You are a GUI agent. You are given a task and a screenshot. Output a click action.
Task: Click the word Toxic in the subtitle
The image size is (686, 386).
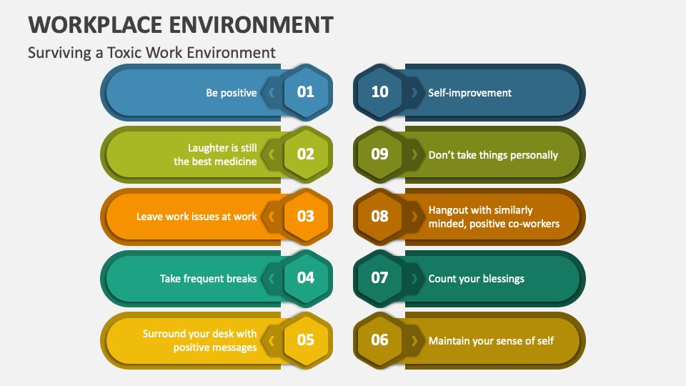[125, 52]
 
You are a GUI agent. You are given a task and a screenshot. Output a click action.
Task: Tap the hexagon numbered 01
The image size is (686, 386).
[306, 92]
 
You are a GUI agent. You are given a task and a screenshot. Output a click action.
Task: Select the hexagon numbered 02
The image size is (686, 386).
[306, 154]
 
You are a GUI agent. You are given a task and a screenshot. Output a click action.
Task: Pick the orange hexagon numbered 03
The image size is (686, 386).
[306, 217]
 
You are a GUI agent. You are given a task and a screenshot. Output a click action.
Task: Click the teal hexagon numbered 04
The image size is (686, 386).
[306, 278]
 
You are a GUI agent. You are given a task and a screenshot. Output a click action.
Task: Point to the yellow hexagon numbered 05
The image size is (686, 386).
[306, 340]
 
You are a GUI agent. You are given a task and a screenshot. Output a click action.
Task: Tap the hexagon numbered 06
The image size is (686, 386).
[379, 340]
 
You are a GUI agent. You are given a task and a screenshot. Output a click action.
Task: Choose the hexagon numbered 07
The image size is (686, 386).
[379, 278]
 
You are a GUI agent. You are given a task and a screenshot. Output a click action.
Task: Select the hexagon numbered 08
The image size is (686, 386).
[379, 217]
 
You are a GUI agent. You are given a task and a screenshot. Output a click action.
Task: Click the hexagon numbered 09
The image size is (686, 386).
[379, 154]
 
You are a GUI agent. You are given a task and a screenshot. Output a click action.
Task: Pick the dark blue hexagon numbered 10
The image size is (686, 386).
[379, 92]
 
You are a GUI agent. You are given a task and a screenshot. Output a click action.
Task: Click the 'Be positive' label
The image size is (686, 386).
[232, 93]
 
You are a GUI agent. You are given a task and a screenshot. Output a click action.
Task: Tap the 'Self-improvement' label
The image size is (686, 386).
[470, 93]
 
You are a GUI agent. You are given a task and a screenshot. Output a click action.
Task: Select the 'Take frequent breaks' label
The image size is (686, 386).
[208, 279]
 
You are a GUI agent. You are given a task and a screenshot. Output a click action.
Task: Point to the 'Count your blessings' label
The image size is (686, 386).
[476, 279]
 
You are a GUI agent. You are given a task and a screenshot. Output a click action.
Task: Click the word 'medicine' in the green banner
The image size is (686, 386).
[234, 162]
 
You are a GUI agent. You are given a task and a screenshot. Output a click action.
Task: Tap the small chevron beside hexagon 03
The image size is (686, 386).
[272, 217]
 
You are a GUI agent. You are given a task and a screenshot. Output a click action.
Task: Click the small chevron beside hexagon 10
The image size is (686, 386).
[414, 92]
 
